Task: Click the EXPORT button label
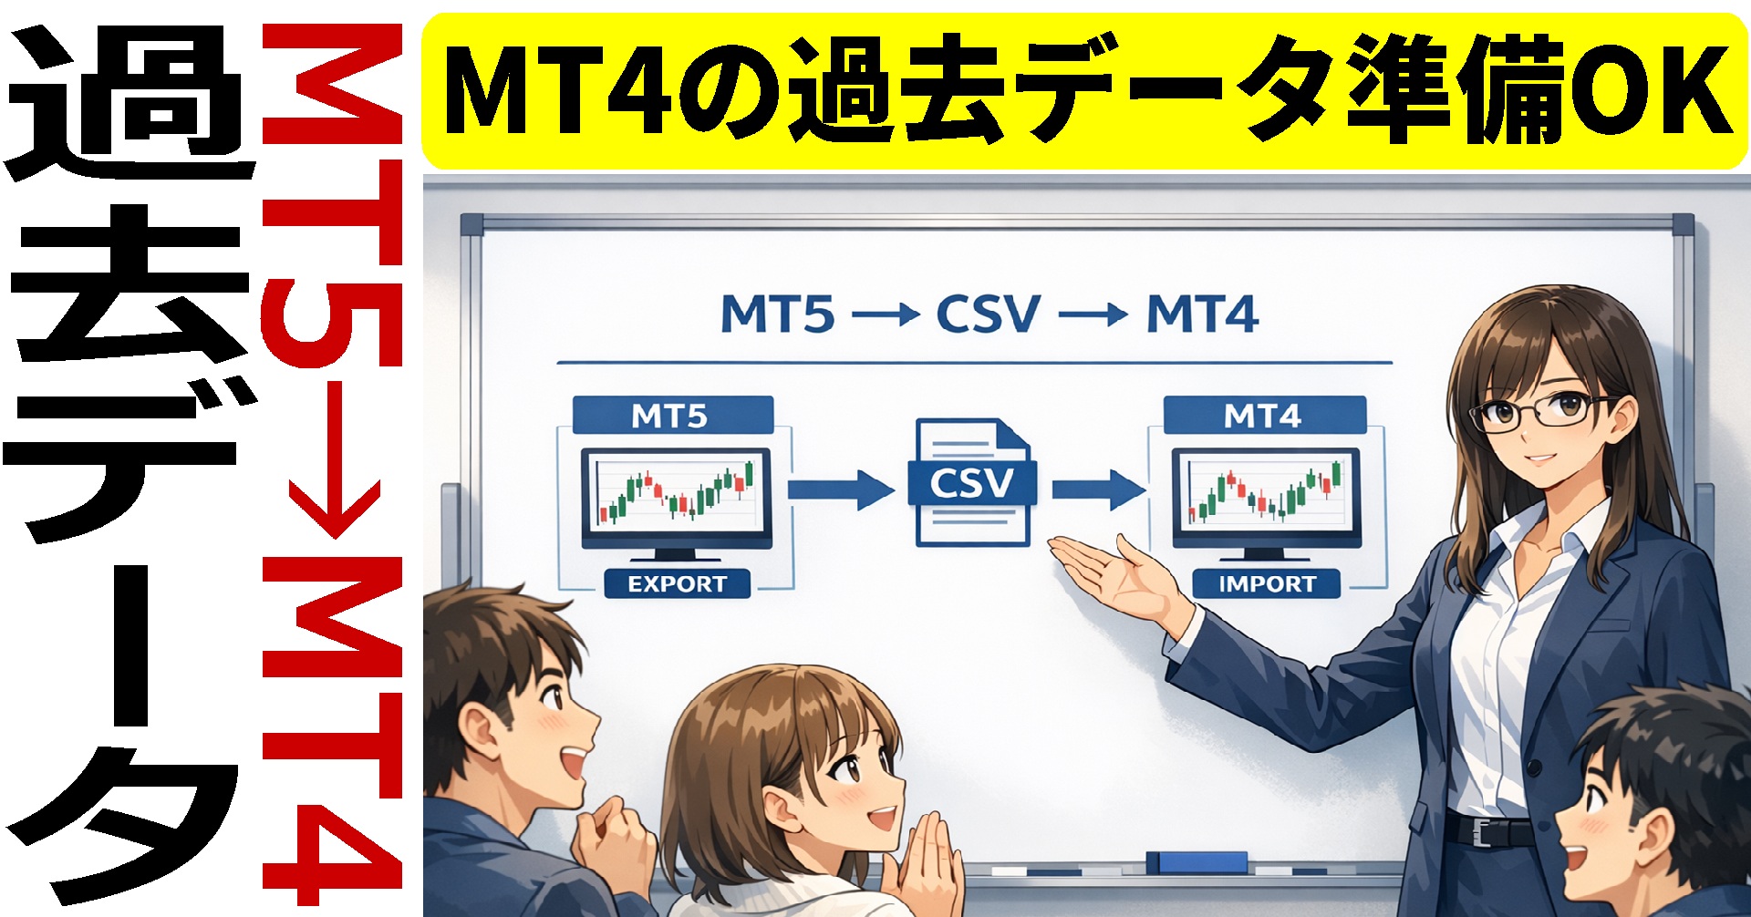click(677, 583)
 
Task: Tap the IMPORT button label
click(1267, 583)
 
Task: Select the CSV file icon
click(972, 482)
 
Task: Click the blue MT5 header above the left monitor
click(672, 416)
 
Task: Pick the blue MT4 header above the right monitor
click(1264, 416)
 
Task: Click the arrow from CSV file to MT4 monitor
click(1098, 489)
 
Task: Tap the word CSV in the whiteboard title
click(988, 314)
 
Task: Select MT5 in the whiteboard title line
click(777, 314)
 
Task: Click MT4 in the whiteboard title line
click(1203, 314)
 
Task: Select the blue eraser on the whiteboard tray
click(1197, 861)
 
